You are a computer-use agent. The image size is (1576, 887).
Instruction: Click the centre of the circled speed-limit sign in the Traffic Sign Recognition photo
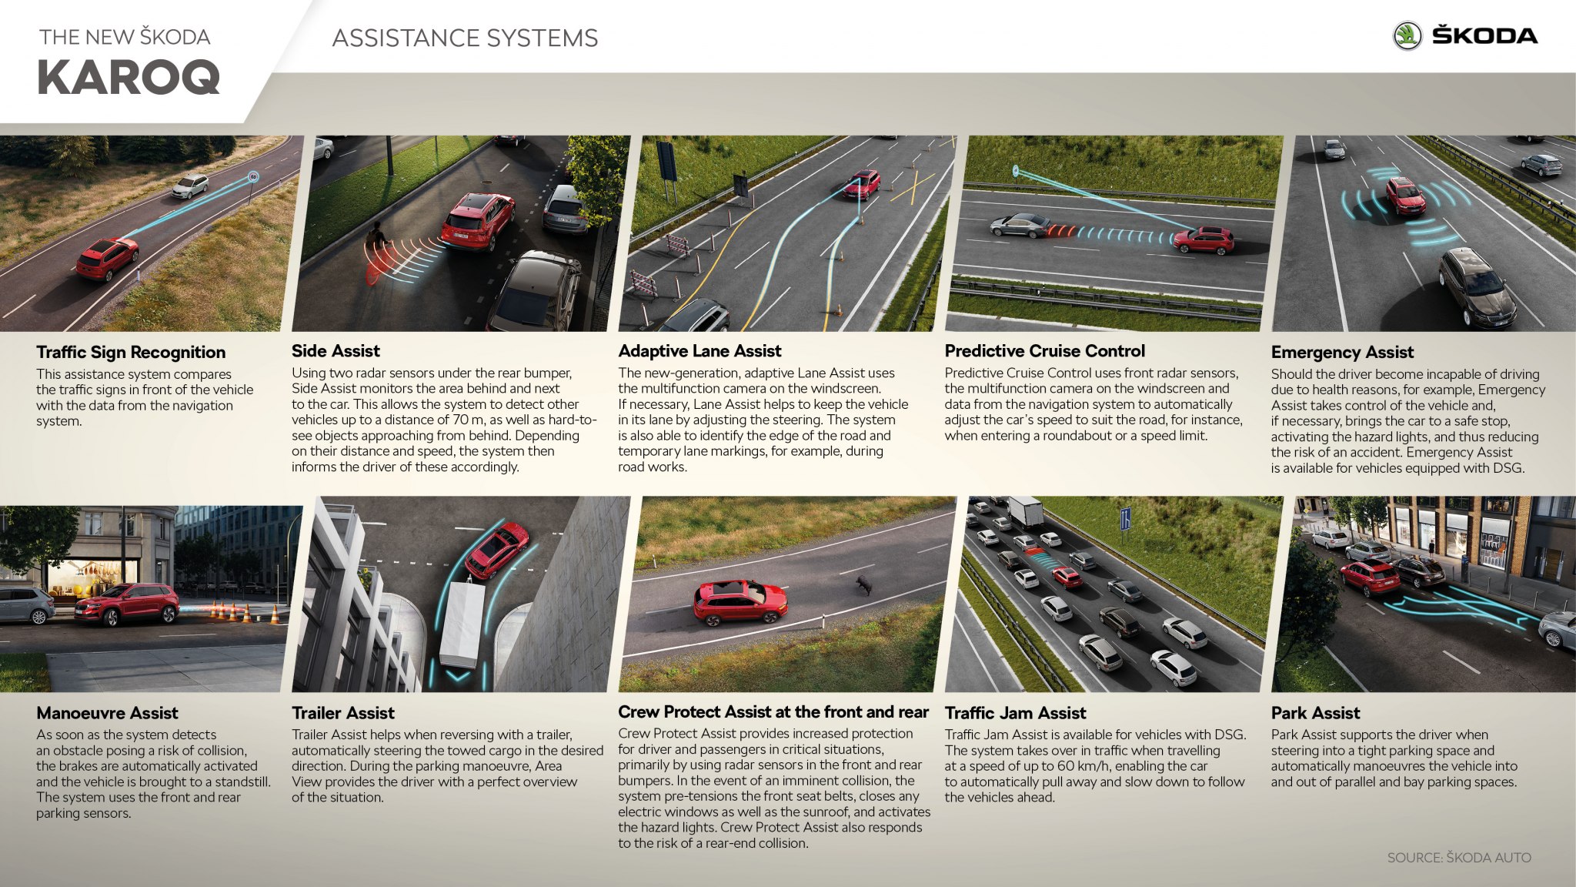point(253,176)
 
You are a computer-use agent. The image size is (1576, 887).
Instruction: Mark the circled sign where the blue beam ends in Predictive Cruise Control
point(1015,169)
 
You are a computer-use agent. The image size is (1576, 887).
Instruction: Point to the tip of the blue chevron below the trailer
point(459,681)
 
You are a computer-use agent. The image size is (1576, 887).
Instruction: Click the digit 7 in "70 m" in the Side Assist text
point(456,420)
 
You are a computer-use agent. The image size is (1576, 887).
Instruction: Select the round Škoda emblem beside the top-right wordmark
point(1407,36)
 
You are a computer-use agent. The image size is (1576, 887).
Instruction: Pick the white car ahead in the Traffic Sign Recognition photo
point(189,186)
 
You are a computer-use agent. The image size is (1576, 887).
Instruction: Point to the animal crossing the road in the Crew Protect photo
point(864,585)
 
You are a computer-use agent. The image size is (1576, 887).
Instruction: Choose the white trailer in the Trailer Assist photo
point(462,623)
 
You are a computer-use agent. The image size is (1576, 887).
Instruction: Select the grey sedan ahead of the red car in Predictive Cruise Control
point(1020,225)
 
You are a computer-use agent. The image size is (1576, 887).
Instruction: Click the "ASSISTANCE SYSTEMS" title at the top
point(465,38)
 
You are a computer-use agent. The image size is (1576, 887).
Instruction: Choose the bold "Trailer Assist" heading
point(343,713)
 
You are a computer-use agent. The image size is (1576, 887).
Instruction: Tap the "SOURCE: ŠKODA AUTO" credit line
point(1459,858)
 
